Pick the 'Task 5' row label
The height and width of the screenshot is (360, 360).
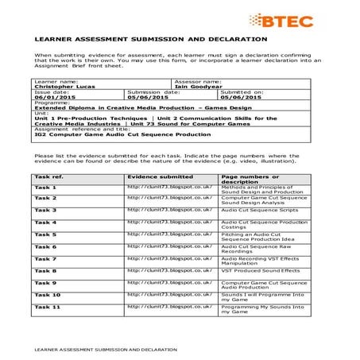pos(45,234)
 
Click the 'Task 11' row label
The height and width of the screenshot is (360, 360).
pos(47,306)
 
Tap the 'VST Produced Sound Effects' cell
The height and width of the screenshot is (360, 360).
pos(260,271)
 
